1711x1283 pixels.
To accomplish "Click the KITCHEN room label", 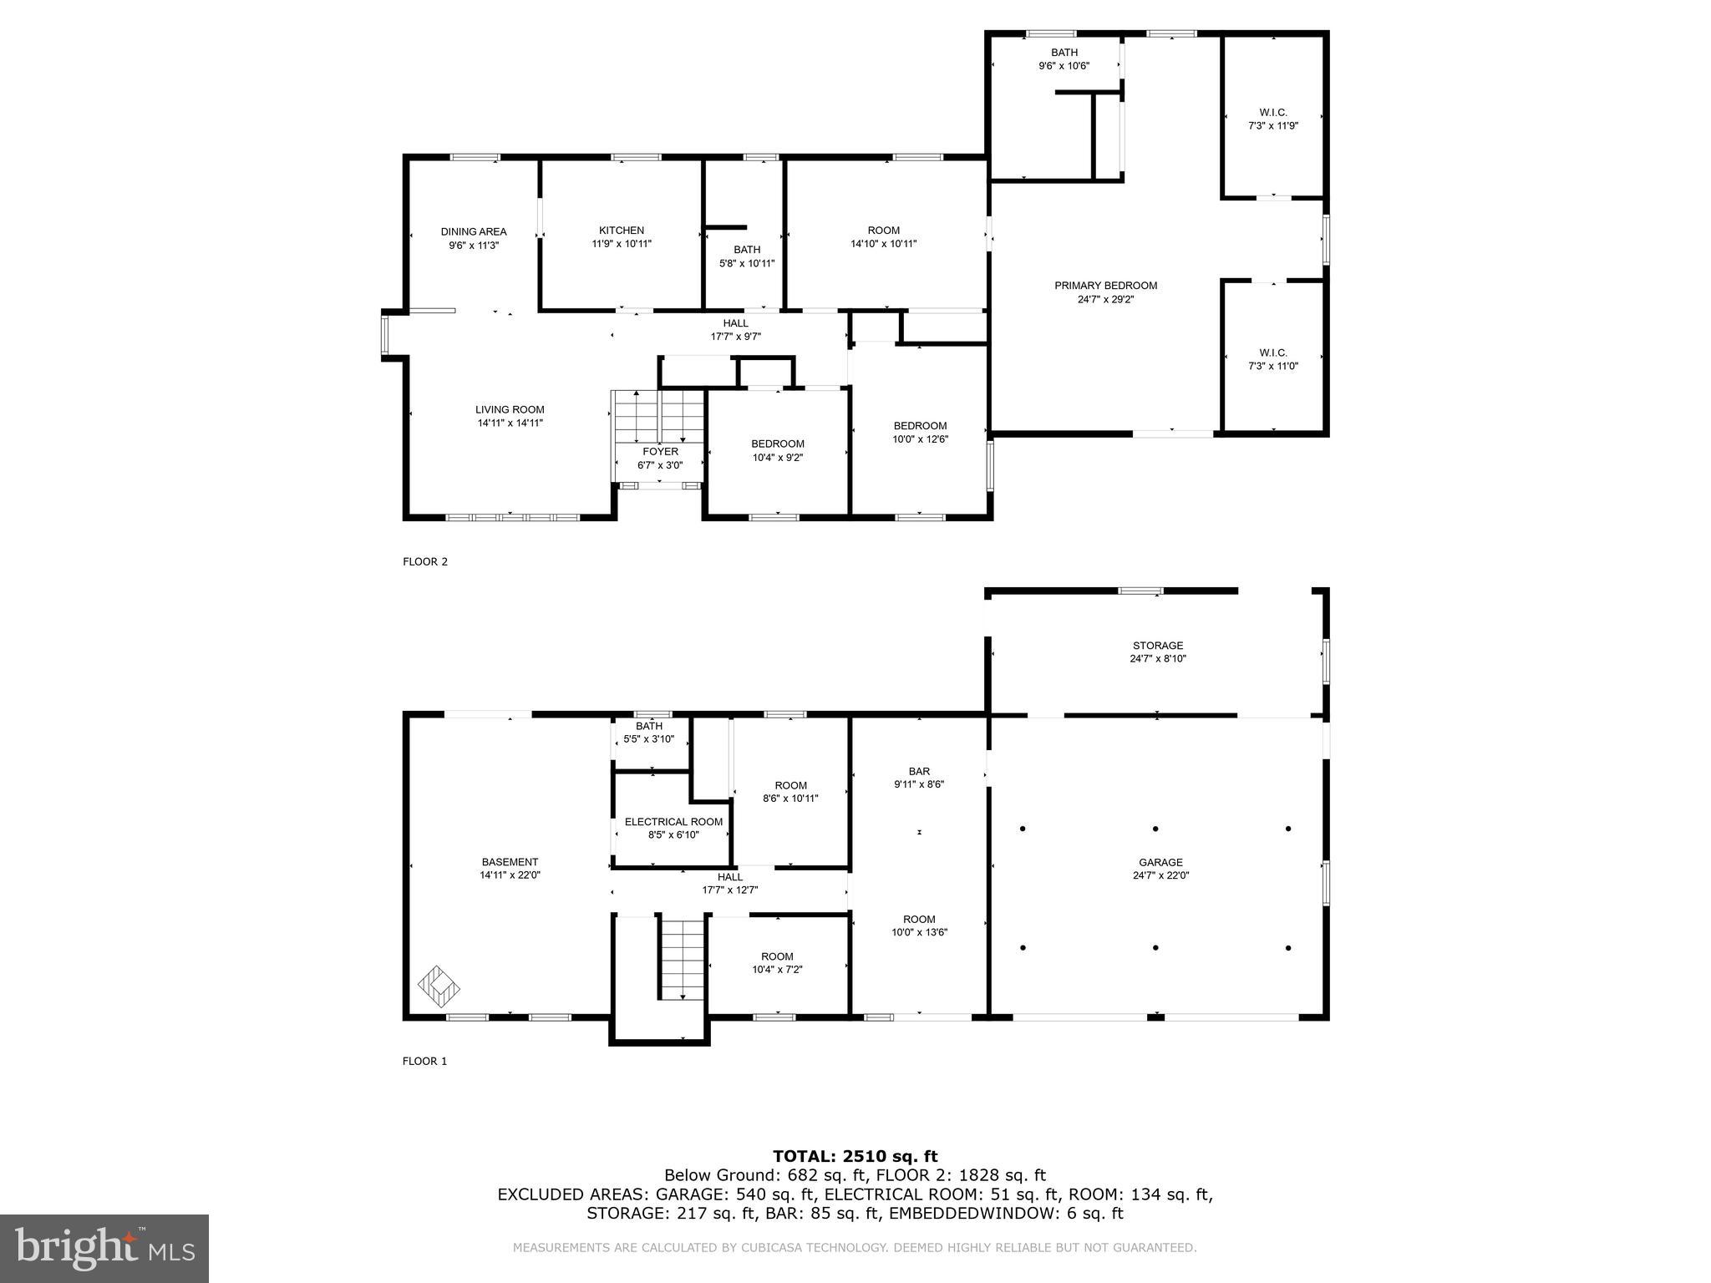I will pyautogui.click(x=621, y=231).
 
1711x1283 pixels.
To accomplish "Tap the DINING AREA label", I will pyautogui.click(x=474, y=232).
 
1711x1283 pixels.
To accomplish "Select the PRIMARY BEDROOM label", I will pyautogui.click(x=1105, y=286).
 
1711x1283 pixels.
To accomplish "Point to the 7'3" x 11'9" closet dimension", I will pyautogui.click(x=1272, y=126).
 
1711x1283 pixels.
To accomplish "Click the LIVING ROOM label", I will pyautogui.click(x=510, y=409).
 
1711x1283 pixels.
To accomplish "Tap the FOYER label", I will pyautogui.click(x=660, y=452).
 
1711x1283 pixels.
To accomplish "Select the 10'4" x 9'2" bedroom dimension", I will pyautogui.click(x=777, y=458).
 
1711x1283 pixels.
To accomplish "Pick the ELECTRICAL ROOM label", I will pyautogui.click(x=673, y=822).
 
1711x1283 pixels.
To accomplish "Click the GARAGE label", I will pyautogui.click(x=1160, y=863).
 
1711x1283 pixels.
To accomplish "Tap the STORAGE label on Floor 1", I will pyautogui.click(x=1157, y=646).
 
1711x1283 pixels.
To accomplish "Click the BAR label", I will pyautogui.click(x=919, y=772).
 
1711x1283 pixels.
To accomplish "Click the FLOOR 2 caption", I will pyautogui.click(x=425, y=561).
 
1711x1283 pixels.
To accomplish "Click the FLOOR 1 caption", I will pyautogui.click(x=425, y=1061).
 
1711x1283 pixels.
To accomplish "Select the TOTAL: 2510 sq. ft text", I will pyautogui.click(x=855, y=1156).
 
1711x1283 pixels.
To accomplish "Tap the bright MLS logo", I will pyautogui.click(x=104, y=1248).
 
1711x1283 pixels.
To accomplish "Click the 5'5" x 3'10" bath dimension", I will pyautogui.click(x=648, y=739).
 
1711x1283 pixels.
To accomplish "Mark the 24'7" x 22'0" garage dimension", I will pyautogui.click(x=1160, y=876).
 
